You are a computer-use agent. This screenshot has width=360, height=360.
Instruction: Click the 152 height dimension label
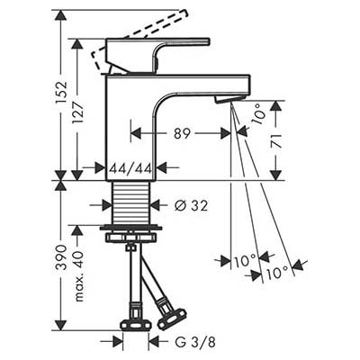(61, 93)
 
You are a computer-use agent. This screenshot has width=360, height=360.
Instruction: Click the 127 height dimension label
(78, 113)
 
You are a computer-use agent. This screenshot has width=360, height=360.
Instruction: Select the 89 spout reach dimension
(182, 133)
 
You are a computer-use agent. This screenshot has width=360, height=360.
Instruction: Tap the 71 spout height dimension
(277, 140)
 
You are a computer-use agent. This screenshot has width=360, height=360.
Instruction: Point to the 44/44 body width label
(130, 168)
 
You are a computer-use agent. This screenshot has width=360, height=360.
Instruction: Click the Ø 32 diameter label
(191, 205)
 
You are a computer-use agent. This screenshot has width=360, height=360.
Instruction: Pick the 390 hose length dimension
(61, 257)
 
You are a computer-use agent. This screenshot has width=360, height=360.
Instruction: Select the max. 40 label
(78, 276)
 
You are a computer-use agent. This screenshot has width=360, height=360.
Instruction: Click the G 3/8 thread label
(195, 342)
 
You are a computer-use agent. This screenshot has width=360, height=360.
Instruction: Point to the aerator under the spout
(229, 99)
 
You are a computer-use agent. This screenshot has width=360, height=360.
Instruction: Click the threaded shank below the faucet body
(130, 202)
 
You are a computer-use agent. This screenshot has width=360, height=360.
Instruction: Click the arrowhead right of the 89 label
(226, 133)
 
